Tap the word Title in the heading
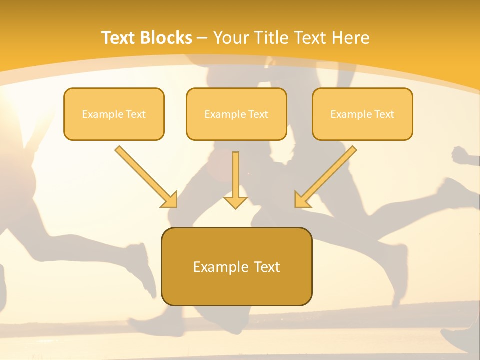pos(270,38)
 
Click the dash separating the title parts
pos(203,38)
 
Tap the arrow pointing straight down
pos(235,180)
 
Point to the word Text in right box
pos(384,114)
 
